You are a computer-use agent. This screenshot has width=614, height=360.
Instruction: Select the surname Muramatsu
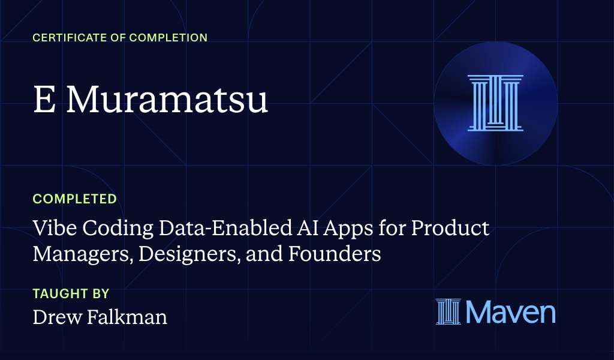(x=167, y=100)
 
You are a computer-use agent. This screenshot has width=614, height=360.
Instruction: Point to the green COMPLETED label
(x=74, y=199)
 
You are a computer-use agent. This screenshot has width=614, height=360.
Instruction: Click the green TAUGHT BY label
(x=71, y=294)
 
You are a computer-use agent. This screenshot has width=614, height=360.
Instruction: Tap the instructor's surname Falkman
(x=127, y=317)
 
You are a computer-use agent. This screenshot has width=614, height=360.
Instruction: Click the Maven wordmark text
(x=510, y=313)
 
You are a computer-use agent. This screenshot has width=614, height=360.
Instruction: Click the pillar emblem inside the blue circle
(x=495, y=103)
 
